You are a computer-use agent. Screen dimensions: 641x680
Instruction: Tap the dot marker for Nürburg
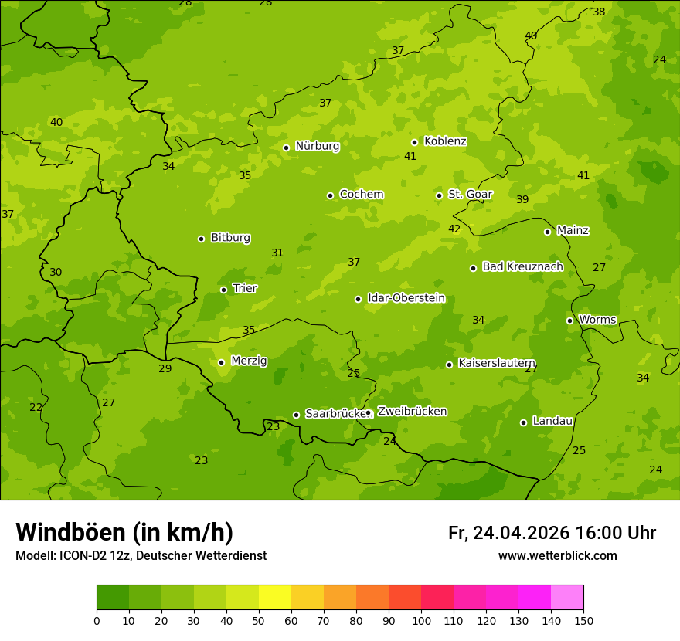coord(286,148)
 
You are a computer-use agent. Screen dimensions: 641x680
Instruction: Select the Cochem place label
coord(361,195)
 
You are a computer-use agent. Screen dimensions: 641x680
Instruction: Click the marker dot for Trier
coord(224,290)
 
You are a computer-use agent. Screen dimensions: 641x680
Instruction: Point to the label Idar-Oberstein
coord(406,298)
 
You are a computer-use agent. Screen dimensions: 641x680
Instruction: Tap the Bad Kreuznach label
coord(522,266)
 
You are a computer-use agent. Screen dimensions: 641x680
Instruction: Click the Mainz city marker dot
coord(547,232)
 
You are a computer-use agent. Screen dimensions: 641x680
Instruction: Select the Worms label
coord(597,320)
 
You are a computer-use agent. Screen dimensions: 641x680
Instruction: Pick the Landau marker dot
coord(523,422)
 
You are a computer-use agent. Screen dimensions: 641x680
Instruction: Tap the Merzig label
coord(249,361)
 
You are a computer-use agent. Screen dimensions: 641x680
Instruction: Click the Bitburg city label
coord(230,238)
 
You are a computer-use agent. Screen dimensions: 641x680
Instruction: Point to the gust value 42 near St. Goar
coord(454,229)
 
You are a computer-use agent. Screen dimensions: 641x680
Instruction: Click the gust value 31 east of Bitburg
coord(277,253)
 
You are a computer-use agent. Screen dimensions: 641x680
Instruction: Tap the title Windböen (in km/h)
coord(124,532)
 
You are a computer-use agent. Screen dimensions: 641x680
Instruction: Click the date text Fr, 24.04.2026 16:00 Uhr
coord(552,533)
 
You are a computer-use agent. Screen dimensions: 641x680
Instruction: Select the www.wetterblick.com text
coord(557,556)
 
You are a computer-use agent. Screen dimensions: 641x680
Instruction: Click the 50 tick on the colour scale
coord(259,620)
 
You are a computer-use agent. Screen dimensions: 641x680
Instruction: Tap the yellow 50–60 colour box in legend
coord(275,598)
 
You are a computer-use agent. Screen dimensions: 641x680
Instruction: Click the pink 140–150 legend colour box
coord(567,598)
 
